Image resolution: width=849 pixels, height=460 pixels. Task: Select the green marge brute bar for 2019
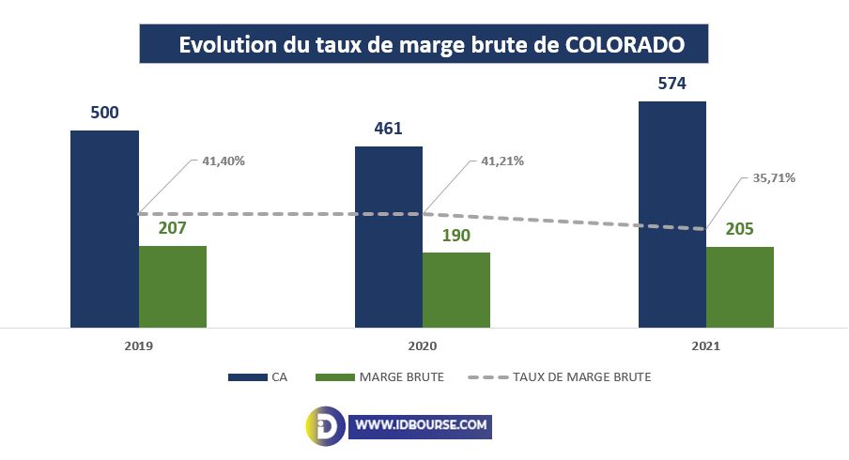click(x=173, y=286)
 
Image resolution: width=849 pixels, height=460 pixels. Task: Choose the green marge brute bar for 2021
click(x=740, y=286)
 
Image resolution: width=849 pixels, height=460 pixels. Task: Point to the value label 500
click(x=104, y=114)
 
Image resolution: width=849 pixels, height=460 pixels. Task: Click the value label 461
click(x=388, y=129)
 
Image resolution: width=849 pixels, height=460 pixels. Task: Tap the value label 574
click(x=671, y=84)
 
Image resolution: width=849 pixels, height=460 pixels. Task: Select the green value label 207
click(x=173, y=229)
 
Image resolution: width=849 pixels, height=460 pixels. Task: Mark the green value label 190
click(x=455, y=236)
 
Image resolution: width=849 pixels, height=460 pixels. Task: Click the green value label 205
click(x=740, y=230)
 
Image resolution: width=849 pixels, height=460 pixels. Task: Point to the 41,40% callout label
click(x=224, y=161)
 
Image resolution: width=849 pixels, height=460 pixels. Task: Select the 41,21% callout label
click(x=502, y=161)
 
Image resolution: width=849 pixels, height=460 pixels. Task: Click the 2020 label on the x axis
click(x=423, y=346)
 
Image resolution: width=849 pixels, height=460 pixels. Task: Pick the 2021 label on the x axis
click(x=706, y=346)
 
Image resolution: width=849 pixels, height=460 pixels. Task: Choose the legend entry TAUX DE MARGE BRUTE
click(x=582, y=377)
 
